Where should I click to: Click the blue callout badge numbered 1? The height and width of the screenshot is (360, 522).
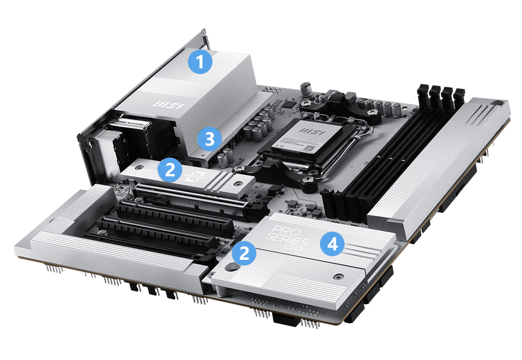200,63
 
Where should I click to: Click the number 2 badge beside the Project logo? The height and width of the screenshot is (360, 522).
170,169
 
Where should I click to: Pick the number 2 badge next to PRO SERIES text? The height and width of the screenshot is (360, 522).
245,254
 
